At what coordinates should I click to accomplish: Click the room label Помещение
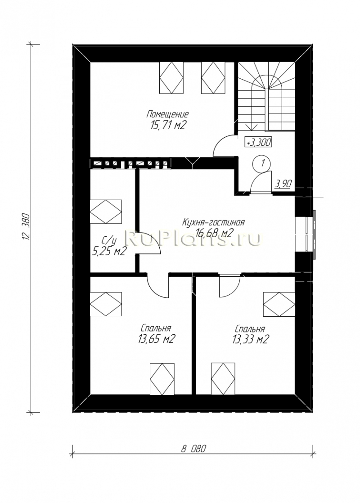167,114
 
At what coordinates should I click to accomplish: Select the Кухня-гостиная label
213,222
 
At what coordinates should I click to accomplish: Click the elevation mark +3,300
258,141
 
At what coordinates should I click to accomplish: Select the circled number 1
262,163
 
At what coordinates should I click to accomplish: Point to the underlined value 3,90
283,184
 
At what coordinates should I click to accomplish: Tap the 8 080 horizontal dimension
193,449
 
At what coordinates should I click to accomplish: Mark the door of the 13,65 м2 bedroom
157,286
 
